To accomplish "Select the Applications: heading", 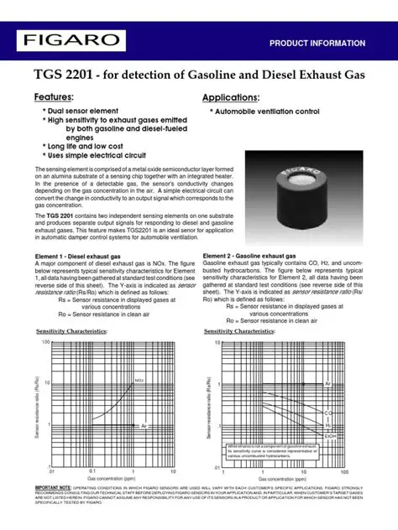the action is (x=235, y=98).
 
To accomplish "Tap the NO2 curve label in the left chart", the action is (x=139, y=380).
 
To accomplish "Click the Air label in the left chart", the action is (x=144, y=426).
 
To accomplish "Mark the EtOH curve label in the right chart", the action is (x=330, y=435).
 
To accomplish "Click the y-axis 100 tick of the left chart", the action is (x=48, y=343).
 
